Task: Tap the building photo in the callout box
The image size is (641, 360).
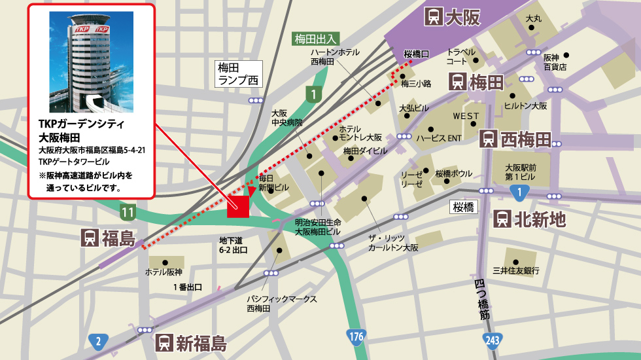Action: coord(91,62)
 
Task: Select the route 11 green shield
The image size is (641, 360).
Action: coord(128,211)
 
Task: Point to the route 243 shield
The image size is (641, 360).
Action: coord(492,340)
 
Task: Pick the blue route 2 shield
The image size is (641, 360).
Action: coord(97,340)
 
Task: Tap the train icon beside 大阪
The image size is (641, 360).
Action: coord(432,16)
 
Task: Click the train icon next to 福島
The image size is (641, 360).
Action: coord(90,238)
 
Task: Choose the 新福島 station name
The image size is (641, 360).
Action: coord(201,343)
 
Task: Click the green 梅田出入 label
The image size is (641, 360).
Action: coord(315,39)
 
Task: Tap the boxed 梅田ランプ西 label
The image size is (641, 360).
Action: coord(239,74)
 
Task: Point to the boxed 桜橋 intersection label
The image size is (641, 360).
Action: coord(464,207)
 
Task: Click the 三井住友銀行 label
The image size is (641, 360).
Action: coord(515,270)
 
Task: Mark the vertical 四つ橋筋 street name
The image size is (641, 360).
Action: coord(483,300)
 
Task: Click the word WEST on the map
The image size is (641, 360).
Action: coord(466,116)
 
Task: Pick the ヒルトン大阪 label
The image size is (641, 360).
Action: coord(525,105)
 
